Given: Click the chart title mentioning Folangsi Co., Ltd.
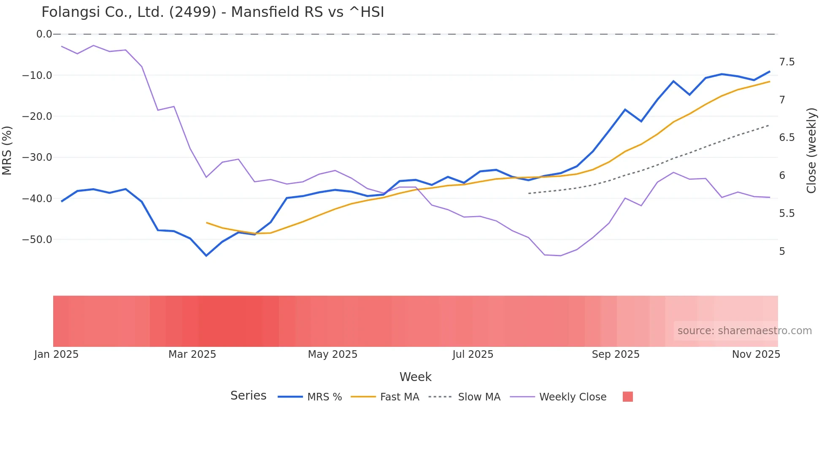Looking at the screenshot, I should (213, 12).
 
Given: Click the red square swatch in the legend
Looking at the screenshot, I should (627, 397).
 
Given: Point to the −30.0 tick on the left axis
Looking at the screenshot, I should (37, 157).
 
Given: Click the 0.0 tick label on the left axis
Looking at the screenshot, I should (44, 34).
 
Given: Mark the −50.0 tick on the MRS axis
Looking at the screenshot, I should (37, 240).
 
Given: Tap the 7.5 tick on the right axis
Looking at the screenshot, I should (786, 62).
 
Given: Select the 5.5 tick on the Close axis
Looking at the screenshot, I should (786, 214).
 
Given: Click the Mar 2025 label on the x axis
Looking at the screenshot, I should (192, 354).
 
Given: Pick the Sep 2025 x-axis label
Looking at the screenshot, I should (615, 354).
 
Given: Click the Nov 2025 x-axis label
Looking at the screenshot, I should (756, 354).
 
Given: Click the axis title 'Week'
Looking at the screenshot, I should (415, 377).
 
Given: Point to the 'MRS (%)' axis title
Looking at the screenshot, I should (7, 150).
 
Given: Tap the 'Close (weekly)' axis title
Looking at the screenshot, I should (811, 150).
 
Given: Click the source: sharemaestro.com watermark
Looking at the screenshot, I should (744, 331).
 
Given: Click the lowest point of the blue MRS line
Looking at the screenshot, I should (206, 256).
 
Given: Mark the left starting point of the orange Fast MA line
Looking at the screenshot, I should (207, 222).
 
